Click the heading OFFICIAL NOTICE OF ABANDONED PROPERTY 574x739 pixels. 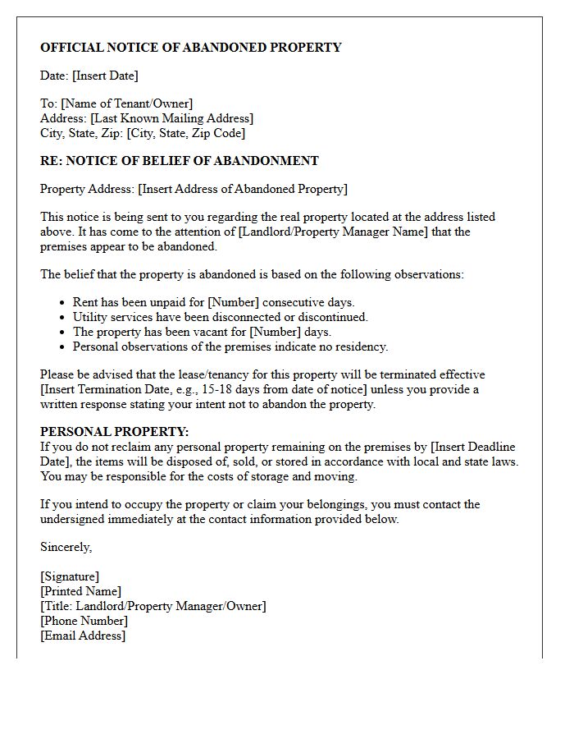click(190, 48)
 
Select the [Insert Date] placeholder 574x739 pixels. click(105, 76)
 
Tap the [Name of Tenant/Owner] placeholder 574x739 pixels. click(126, 103)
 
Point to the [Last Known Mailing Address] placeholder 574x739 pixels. click(171, 118)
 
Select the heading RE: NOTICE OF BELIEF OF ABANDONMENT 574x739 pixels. click(180, 161)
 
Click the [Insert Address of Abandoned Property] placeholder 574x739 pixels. click(243, 189)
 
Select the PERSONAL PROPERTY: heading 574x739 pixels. click(115, 432)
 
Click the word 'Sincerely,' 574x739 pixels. click(66, 547)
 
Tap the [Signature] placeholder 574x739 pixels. click(70, 576)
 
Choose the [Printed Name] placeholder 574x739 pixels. click(80, 591)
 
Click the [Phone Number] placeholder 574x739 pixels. click(84, 621)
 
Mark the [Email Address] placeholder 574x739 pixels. click(83, 636)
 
